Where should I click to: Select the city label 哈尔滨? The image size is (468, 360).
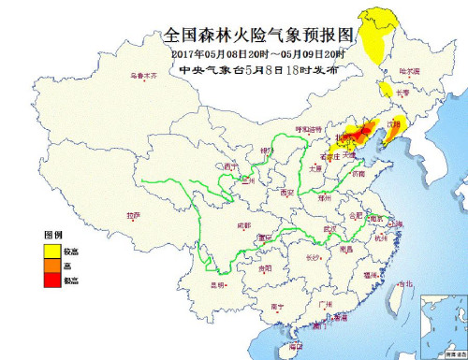(410, 71)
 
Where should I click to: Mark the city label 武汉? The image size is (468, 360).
(329, 228)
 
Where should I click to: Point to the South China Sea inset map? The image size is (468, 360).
(442, 323)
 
